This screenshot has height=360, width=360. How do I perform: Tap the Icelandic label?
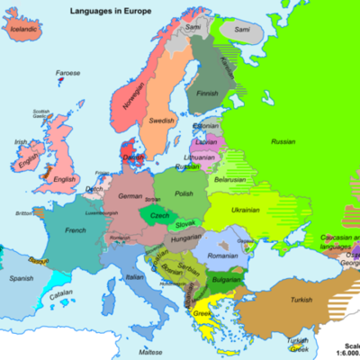point(24,28)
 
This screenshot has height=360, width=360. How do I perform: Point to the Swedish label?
point(162,120)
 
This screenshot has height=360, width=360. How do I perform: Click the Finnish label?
point(209,92)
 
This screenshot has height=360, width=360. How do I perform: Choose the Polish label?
point(184,193)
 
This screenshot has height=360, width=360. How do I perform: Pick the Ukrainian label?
point(245,210)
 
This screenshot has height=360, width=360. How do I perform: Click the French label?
point(76,230)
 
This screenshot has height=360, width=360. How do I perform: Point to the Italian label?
point(133,278)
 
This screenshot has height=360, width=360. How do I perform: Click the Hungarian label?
point(185,238)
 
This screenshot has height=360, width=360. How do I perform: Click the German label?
point(131,195)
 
